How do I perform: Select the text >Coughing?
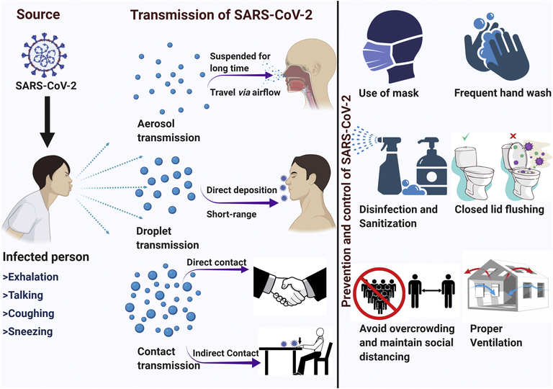point(34,314)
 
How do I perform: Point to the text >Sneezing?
point(33,333)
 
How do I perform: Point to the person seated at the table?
point(317,353)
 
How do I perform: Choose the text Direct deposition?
point(239,189)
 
